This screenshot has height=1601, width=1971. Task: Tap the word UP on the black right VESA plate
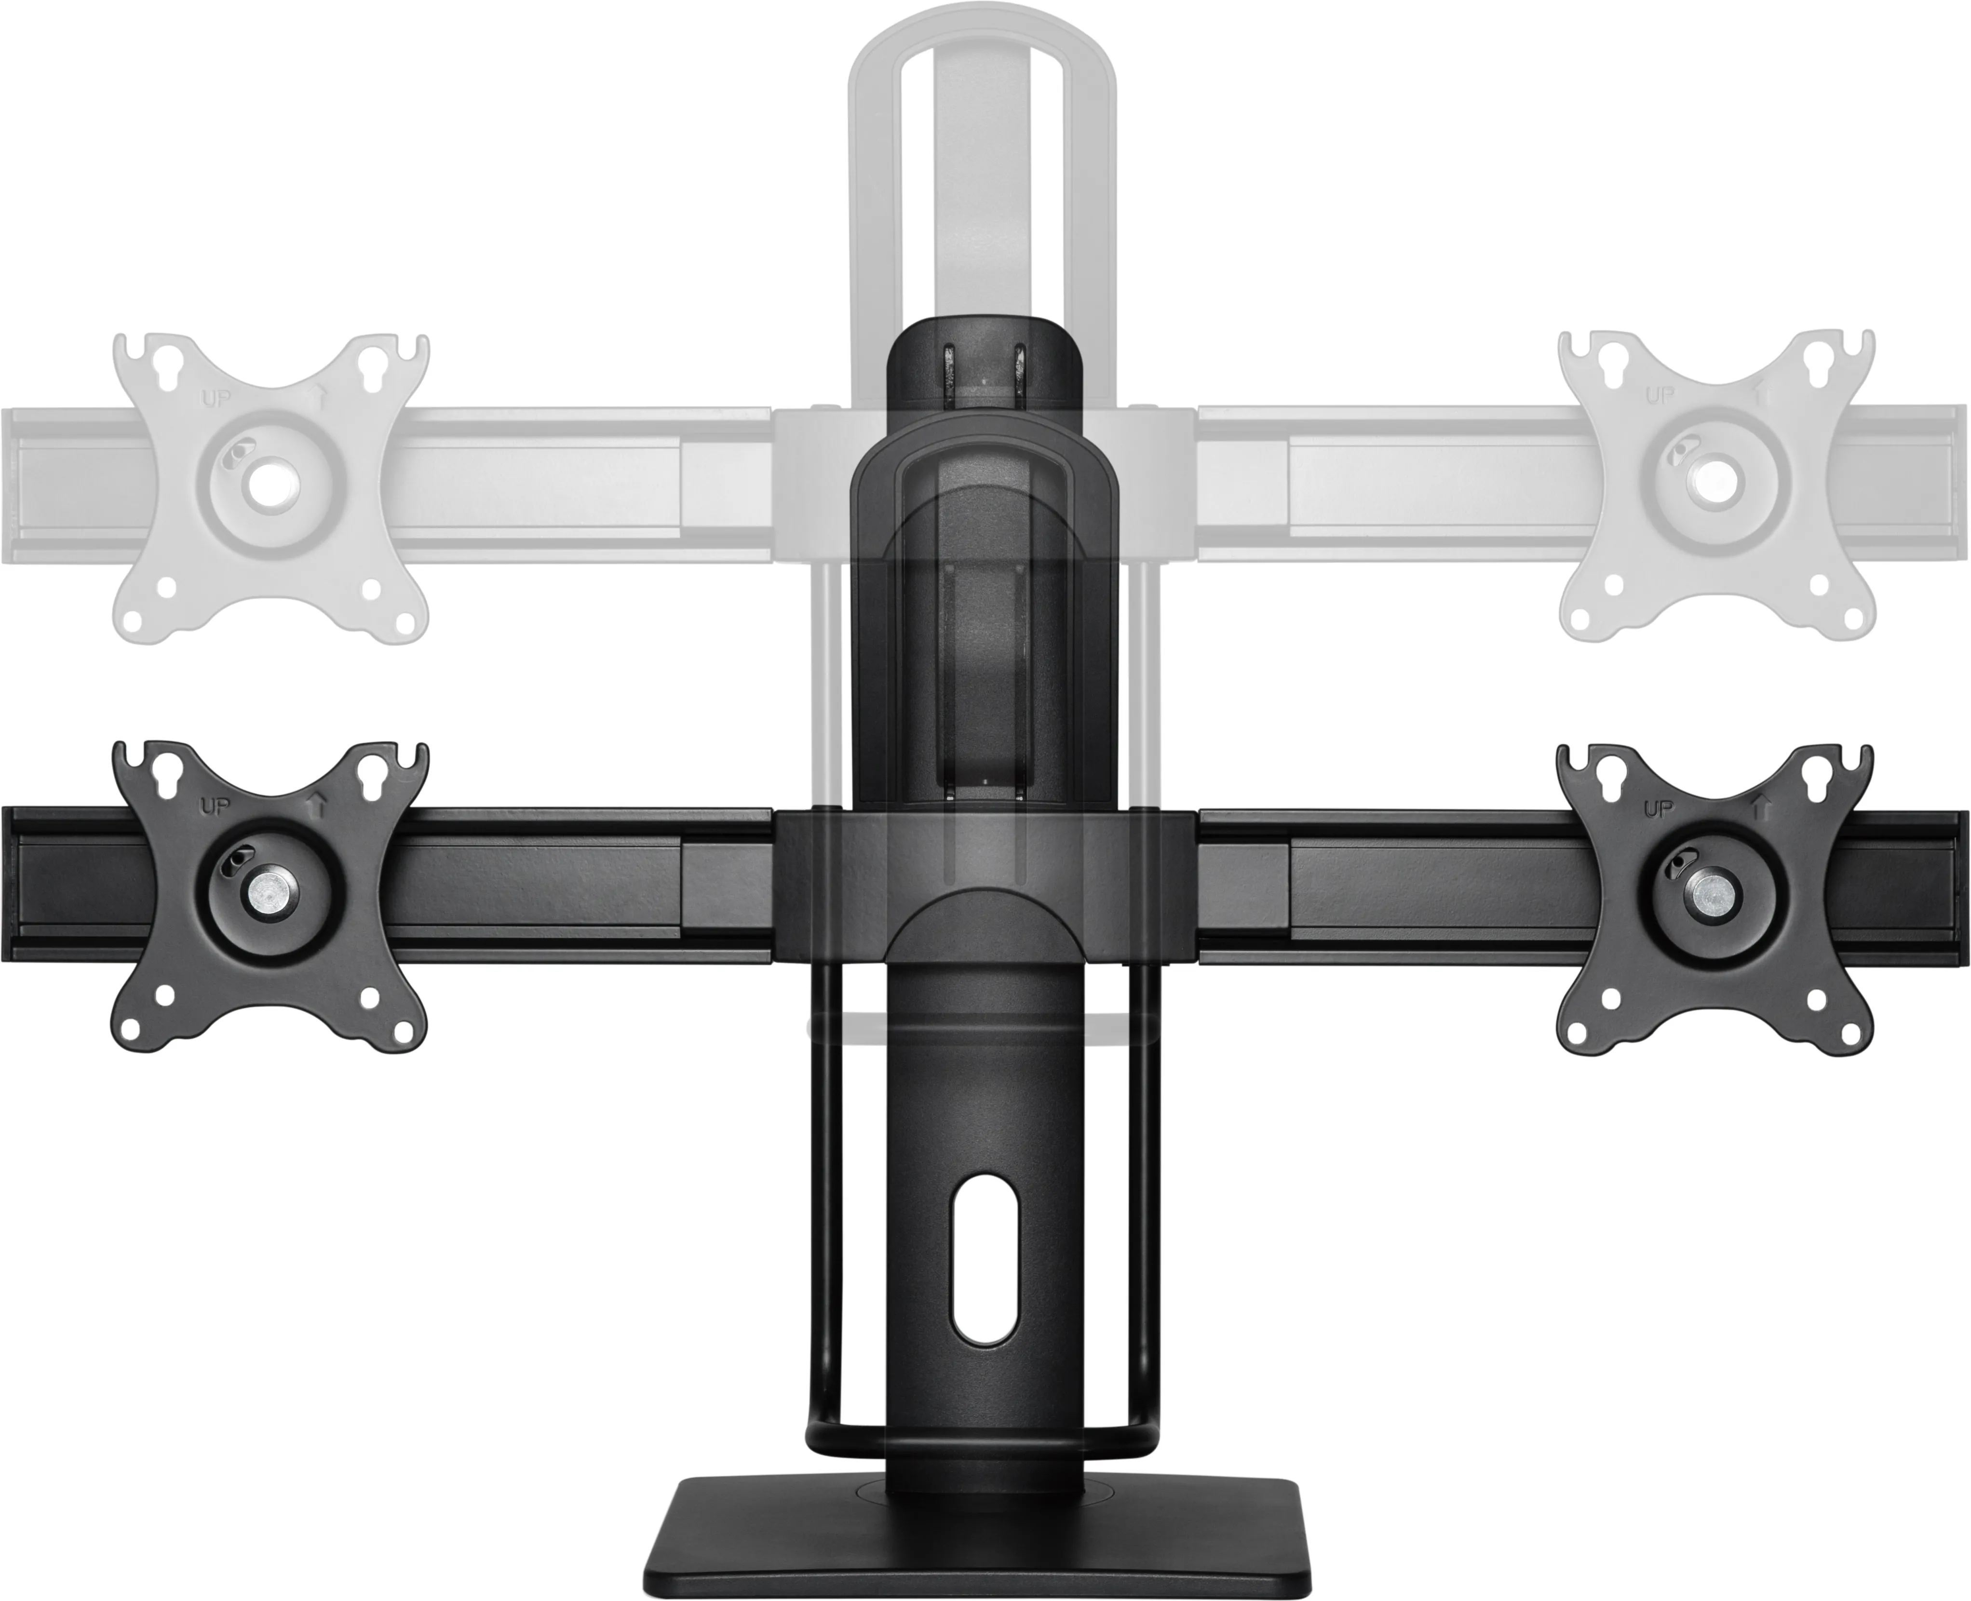(1659, 809)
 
